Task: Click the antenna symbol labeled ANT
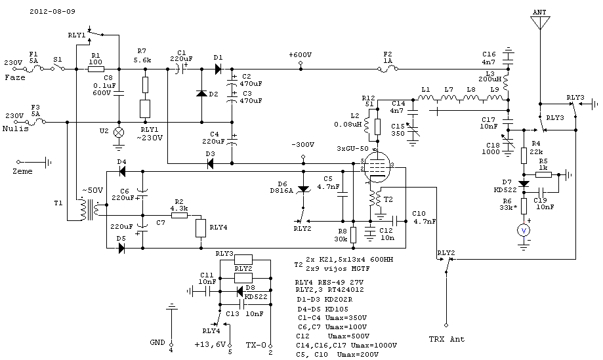(540, 22)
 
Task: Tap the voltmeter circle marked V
(524, 231)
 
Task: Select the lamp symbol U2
(119, 132)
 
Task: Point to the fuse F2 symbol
(388, 69)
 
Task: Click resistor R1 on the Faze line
(96, 69)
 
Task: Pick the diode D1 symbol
(218, 69)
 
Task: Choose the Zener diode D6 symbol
(304, 189)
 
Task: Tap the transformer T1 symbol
(90, 209)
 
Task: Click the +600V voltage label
(301, 55)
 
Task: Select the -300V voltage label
(302, 145)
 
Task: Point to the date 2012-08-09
(52, 11)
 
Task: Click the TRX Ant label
(446, 339)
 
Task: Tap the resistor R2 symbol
(179, 215)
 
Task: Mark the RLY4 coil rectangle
(201, 228)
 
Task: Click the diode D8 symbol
(239, 290)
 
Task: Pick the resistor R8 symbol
(353, 235)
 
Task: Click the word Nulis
(15, 129)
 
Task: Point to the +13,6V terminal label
(210, 344)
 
